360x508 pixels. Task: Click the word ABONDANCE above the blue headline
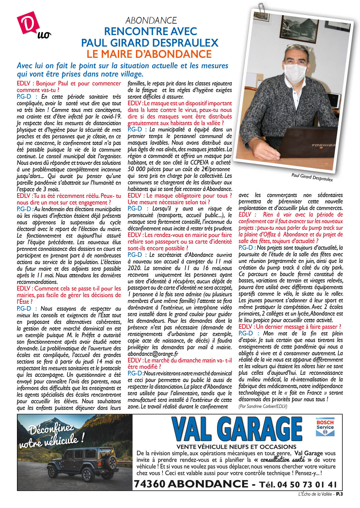pos(151,20)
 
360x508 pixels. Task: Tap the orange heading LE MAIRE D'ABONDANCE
pos(149,54)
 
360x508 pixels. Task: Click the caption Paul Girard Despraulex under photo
pos(312,177)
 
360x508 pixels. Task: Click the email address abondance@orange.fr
pos(153,354)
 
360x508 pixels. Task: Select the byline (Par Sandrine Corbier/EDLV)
pos(263,406)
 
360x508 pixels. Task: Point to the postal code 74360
pos(150,484)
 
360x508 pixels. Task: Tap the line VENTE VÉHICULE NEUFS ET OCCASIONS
pos(236,447)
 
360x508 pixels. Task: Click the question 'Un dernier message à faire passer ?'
pos(290,327)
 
